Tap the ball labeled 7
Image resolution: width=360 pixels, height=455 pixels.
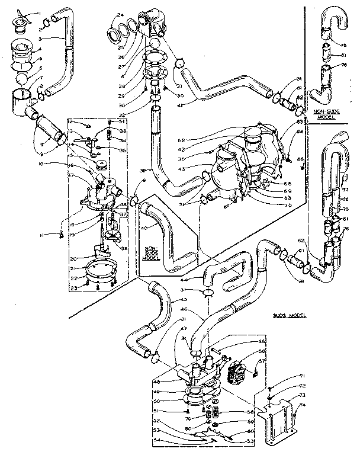tap(22, 78)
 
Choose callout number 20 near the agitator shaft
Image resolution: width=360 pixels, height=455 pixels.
tap(74, 258)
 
